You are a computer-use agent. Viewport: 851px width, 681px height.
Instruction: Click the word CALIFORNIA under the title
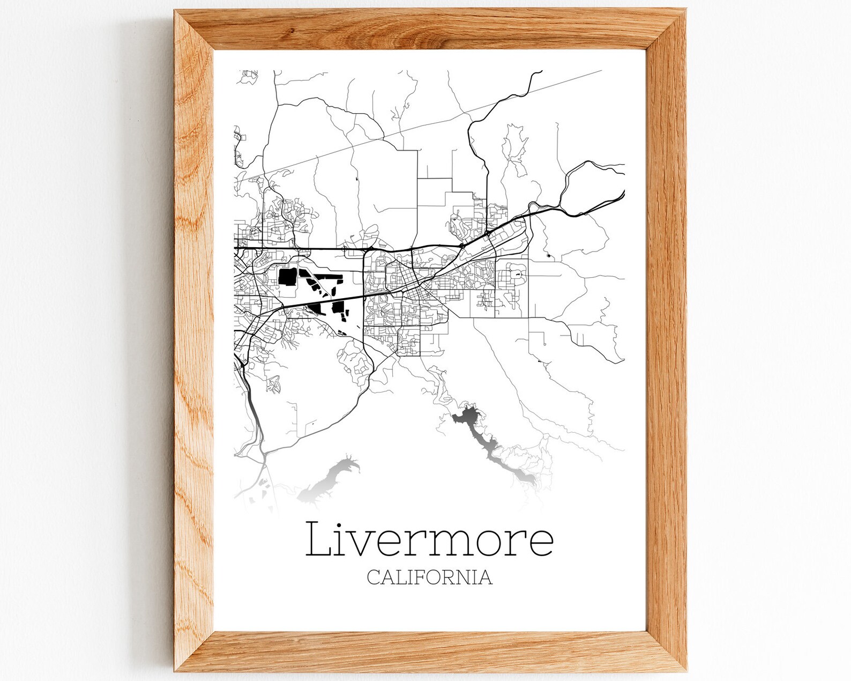(x=429, y=577)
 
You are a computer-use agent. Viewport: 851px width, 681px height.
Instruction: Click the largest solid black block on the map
(x=287, y=277)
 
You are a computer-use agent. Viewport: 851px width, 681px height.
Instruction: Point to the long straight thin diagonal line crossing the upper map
(x=429, y=123)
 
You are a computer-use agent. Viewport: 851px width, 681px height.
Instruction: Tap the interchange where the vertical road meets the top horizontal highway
(x=367, y=249)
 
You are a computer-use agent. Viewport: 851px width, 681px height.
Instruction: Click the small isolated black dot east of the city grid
(x=548, y=256)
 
